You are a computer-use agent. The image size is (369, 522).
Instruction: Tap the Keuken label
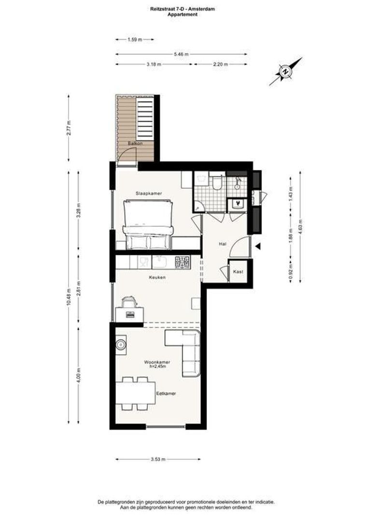(157, 277)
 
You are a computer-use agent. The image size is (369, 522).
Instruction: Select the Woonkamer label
(157, 362)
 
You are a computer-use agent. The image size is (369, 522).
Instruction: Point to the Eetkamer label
(166, 393)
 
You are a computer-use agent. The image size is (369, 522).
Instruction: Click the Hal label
(223, 244)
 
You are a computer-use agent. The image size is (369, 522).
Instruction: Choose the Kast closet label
(238, 272)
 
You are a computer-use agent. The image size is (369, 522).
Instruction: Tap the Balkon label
(135, 144)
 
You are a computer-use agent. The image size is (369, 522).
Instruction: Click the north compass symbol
(285, 72)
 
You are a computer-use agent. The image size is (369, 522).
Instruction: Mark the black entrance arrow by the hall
(258, 246)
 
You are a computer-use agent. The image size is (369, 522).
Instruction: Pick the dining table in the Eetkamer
(135, 393)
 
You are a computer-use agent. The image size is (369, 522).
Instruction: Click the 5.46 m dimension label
(181, 54)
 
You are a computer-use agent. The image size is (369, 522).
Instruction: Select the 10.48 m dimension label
(69, 297)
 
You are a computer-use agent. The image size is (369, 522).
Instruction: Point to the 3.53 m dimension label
(158, 460)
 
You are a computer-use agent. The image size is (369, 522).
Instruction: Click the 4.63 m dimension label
(300, 227)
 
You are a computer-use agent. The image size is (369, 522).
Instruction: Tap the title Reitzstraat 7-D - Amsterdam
(183, 9)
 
